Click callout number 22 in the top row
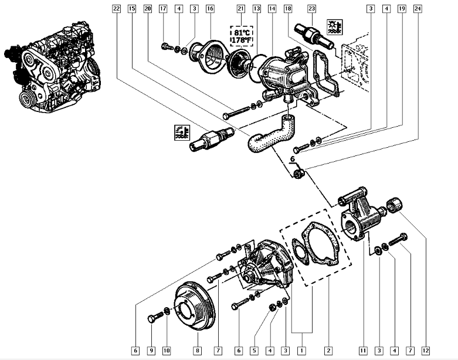(116, 9)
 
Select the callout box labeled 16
(210, 9)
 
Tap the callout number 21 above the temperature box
(240, 9)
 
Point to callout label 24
(417, 9)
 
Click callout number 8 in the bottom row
(196, 351)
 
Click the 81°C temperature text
(241, 32)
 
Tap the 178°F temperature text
(241, 40)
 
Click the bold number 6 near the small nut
(293, 159)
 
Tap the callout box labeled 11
(363, 351)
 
